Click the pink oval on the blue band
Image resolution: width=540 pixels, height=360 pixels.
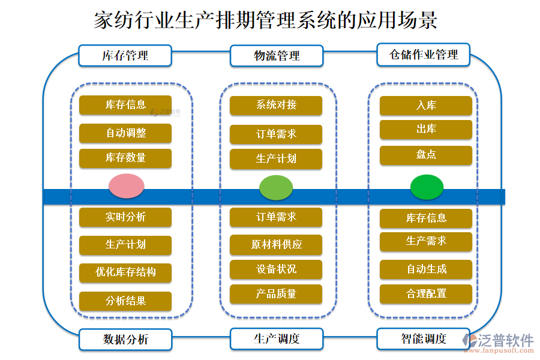point(126,186)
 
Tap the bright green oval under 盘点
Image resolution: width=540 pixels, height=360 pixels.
point(427,187)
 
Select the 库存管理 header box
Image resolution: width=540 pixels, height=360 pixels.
point(125,56)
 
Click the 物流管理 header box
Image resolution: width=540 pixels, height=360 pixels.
point(276,56)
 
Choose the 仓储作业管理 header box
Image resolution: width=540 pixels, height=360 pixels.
point(423,55)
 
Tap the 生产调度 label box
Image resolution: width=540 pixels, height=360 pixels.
point(276,338)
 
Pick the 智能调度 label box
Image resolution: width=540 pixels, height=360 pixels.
point(423,338)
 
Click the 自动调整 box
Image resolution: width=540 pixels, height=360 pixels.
point(125,133)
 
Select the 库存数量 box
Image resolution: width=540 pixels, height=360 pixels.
point(125,158)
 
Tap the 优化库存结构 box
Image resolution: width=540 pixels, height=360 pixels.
point(125,272)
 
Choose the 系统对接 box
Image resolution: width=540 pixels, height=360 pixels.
point(276,105)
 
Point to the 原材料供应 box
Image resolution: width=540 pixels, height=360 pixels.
point(276,245)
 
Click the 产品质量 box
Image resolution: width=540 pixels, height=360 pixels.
point(276,294)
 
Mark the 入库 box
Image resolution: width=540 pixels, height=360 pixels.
point(426,106)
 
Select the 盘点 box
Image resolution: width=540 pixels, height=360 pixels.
point(426,155)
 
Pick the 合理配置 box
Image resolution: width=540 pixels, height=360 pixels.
point(426,294)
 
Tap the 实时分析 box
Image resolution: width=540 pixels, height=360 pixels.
point(125,217)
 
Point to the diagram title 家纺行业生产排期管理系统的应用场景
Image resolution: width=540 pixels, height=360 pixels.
point(266,20)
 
